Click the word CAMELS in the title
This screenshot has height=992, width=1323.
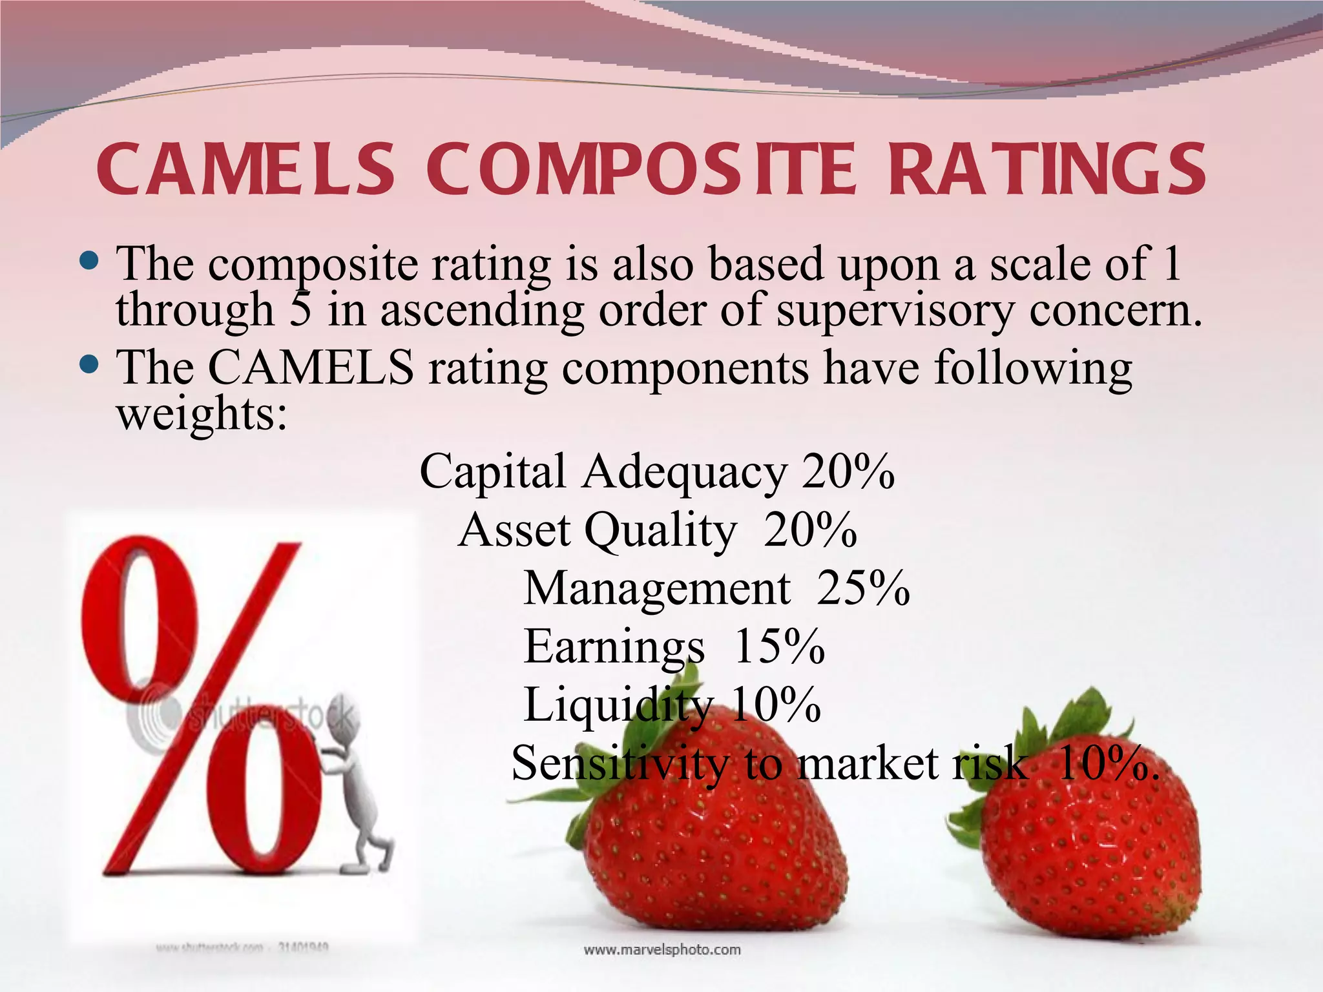(x=245, y=169)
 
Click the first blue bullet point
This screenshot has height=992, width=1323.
(x=90, y=262)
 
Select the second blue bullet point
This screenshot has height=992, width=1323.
(x=90, y=365)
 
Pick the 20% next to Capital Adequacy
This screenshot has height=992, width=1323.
(x=848, y=471)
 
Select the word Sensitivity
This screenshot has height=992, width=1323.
(x=619, y=763)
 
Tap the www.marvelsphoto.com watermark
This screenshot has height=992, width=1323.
(x=662, y=949)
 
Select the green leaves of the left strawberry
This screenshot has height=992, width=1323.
(x=665, y=710)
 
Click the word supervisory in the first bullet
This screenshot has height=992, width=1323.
(x=895, y=311)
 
